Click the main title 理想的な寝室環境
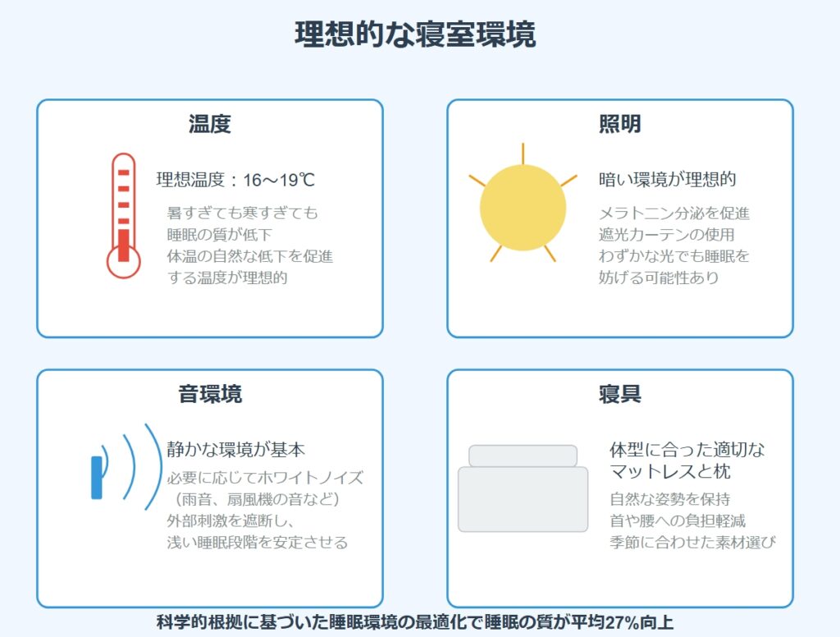415,34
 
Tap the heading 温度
209,124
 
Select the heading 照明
620,124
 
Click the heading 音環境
210,393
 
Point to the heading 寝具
620,393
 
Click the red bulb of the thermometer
123,262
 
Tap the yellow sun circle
523,208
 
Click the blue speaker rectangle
97,478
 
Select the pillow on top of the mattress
523,456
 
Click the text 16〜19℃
279,180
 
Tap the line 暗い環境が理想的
668,179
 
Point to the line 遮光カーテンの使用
666,234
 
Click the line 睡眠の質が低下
220,234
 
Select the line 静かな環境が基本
235,449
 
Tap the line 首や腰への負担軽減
678,520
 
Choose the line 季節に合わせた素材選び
692,542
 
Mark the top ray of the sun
523,154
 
